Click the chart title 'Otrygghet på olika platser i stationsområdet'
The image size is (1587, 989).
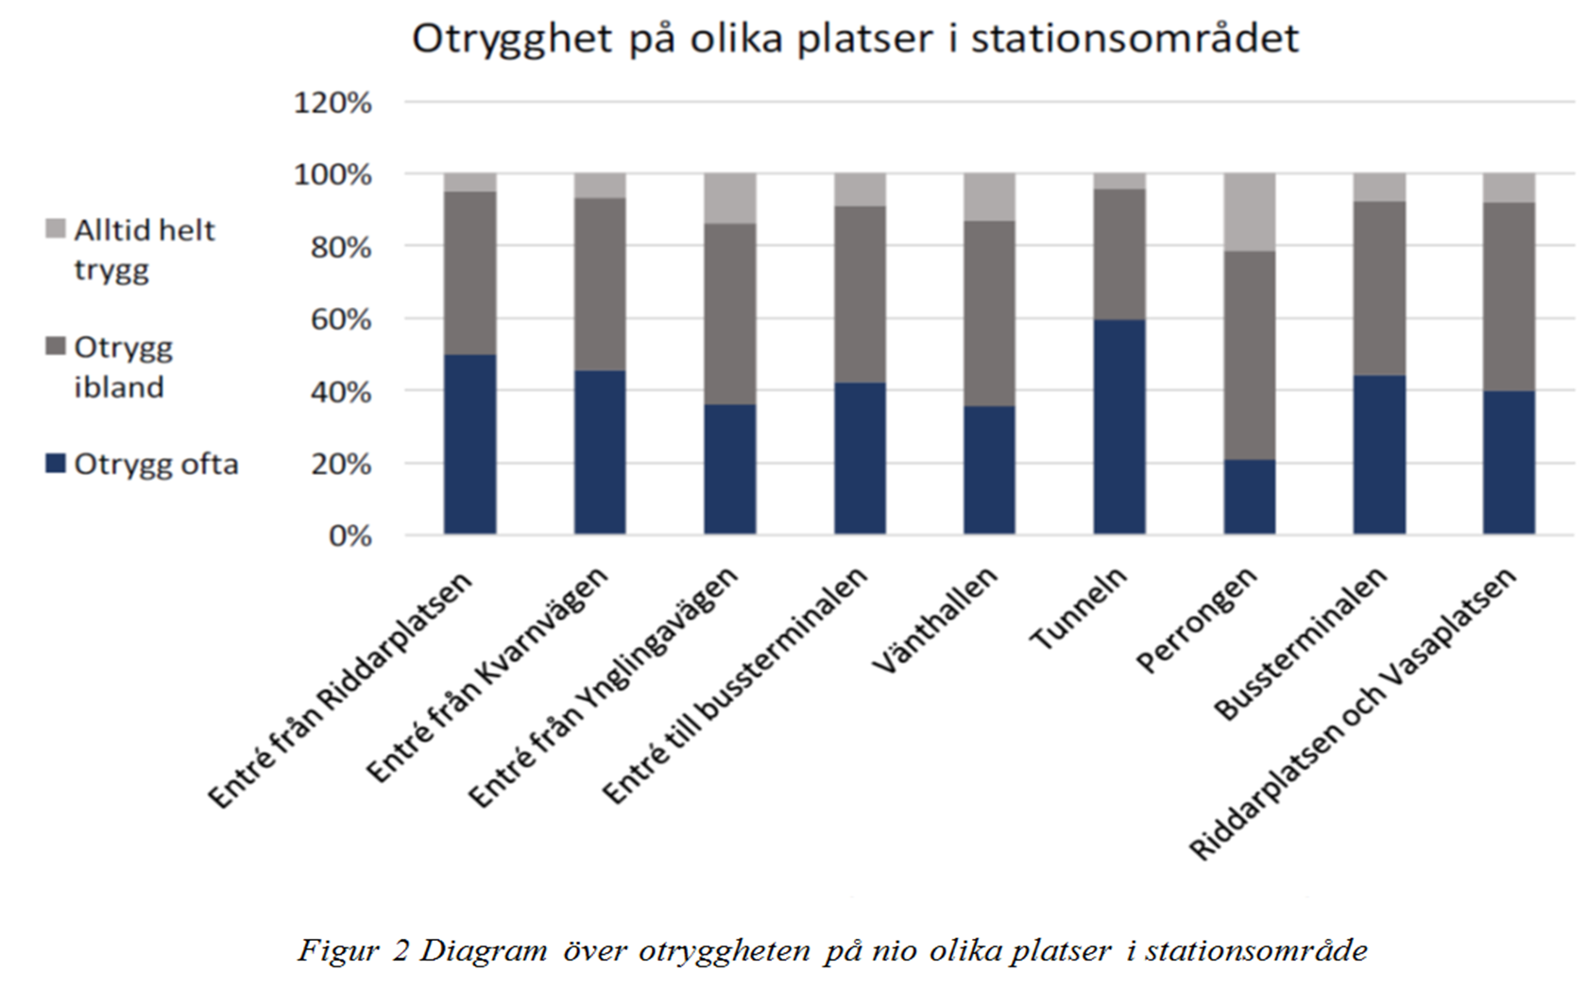[856, 40]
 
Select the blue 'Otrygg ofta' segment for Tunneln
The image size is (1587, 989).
[1119, 427]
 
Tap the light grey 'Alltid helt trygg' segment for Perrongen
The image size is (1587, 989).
[1250, 213]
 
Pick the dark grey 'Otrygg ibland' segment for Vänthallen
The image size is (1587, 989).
[989, 314]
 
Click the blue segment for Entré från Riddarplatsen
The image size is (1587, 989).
[469, 444]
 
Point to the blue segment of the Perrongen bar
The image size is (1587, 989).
[1250, 497]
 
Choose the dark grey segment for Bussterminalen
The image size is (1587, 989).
[1379, 288]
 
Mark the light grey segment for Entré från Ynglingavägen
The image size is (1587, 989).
[729, 199]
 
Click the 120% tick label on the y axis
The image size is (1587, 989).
[333, 104]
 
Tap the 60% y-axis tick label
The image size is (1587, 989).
[341, 320]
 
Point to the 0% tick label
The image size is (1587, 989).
[350, 537]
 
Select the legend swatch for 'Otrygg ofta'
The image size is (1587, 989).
[55, 464]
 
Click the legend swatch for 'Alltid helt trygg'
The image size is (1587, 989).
[55, 229]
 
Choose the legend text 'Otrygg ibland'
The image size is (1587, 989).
[124, 367]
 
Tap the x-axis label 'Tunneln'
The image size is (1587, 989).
[1079, 609]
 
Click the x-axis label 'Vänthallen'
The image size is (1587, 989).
[935, 622]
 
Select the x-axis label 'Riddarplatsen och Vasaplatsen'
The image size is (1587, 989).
[1353, 714]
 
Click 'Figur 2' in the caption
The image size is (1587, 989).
[353, 950]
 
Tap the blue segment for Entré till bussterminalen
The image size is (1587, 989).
[860, 458]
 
